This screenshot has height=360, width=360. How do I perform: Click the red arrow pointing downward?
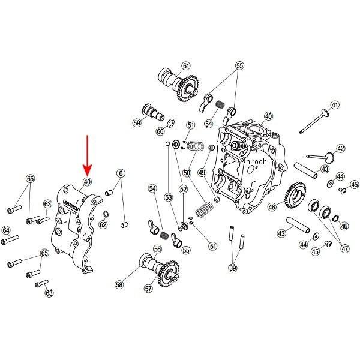86,155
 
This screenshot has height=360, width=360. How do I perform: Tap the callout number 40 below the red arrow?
87,182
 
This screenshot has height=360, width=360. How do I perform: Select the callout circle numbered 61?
185,66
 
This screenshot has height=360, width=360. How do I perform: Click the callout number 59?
137,123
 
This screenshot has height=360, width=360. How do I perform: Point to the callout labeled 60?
160,131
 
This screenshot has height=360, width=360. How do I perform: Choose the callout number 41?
335,105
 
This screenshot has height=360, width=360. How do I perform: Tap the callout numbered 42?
341,148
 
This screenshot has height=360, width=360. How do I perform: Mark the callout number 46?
344,226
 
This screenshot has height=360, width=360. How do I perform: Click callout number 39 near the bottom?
233,268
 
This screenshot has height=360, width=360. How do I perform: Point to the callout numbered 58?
119,286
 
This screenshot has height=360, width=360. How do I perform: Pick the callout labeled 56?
157,249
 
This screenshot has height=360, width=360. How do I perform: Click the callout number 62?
103,225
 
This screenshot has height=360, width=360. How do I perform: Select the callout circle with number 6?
121,173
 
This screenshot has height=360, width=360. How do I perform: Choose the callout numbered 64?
7,230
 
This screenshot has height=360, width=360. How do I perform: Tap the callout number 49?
202,173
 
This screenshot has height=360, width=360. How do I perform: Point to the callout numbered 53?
169,197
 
